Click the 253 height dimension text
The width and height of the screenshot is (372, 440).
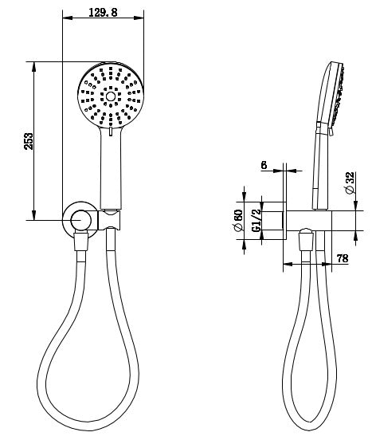pyautogui.click(x=29, y=141)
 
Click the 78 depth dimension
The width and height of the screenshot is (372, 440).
pyautogui.click(x=343, y=259)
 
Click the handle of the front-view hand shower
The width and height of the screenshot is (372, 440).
pyautogui.click(x=111, y=167)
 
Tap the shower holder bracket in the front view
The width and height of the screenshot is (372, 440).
pyautogui.click(x=112, y=218)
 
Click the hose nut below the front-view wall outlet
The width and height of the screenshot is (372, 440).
pyautogui.click(x=80, y=242)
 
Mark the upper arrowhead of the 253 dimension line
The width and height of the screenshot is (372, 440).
pyautogui.click(x=33, y=65)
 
